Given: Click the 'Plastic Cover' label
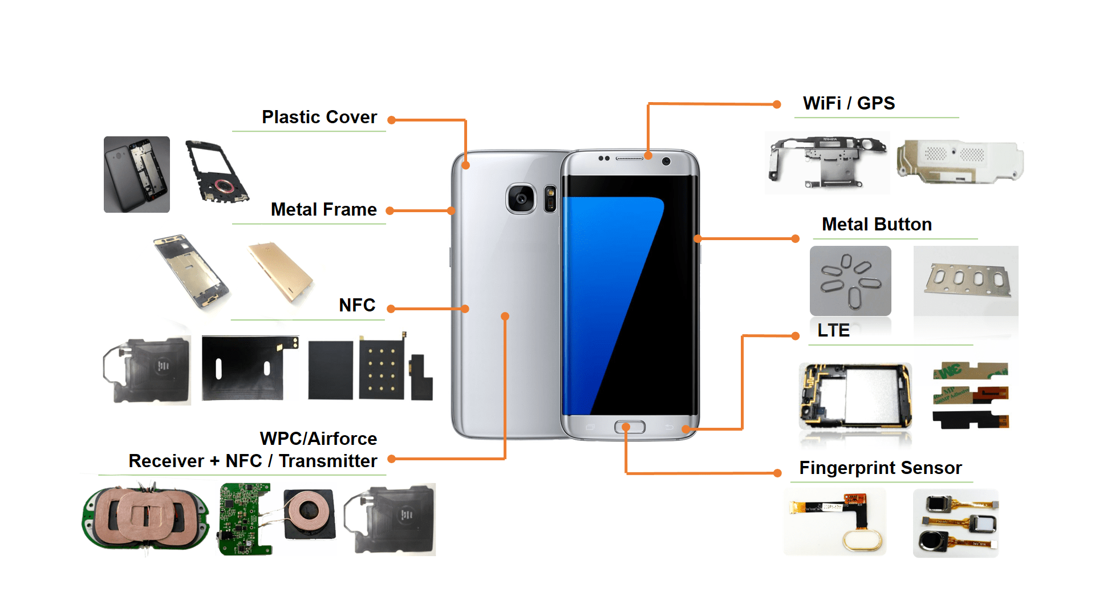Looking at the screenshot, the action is coord(319,117).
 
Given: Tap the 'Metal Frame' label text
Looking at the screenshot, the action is coord(323,209).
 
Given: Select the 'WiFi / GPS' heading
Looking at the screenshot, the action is coord(849,103).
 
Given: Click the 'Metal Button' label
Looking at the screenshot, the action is coord(877,224).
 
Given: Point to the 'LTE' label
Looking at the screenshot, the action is coord(833,330).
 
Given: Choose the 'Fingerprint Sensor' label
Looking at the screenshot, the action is coord(880,468).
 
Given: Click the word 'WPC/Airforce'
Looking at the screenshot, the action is coord(318,439).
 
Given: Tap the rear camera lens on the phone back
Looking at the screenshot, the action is coord(521,198).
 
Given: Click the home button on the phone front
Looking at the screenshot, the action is coord(629,427).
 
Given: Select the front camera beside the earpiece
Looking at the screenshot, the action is coord(666,161).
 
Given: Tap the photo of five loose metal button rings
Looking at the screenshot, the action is coord(850,281).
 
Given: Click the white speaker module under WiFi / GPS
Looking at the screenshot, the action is coord(960,161).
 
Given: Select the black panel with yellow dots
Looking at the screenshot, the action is coord(382,369).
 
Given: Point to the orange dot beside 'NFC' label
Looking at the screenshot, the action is coord(391,309).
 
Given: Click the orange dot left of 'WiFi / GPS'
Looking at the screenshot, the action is coord(777,104).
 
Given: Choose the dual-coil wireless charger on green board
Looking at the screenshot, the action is coord(145,517).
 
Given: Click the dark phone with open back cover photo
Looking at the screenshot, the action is coord(137,175).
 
